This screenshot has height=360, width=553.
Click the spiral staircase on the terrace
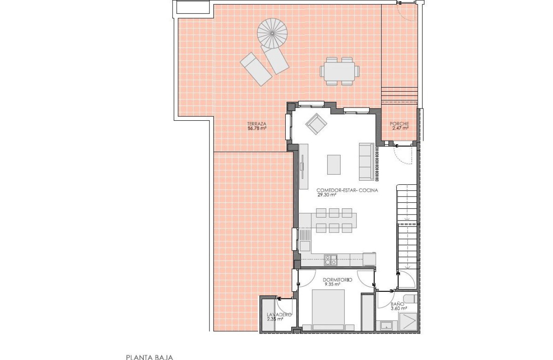click(272, 33)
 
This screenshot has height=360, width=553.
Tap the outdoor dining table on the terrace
click(340, 71)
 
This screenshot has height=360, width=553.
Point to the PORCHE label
click(399, 124)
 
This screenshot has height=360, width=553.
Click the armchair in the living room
click(316, 124)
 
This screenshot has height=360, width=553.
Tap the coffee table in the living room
click(334, 165)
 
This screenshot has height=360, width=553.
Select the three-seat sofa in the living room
click(366, 162)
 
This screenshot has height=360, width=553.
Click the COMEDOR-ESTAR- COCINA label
click(347, 190)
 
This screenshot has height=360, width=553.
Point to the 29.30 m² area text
click(326, 195)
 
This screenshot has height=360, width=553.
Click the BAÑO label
click(398, 304)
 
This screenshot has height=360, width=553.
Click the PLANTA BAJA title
click(150, 357)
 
